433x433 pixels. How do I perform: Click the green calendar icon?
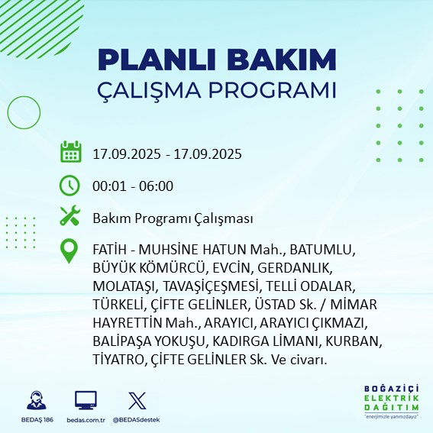point(70,152)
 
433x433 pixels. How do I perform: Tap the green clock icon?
point(70,185)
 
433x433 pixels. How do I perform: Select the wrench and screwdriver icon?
point(70,217)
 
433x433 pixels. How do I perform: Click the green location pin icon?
point(70,251)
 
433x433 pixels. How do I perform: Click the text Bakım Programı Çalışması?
point(173,218)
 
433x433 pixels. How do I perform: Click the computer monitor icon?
point(86,400)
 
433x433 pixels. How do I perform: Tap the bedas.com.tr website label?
point(86,420)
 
